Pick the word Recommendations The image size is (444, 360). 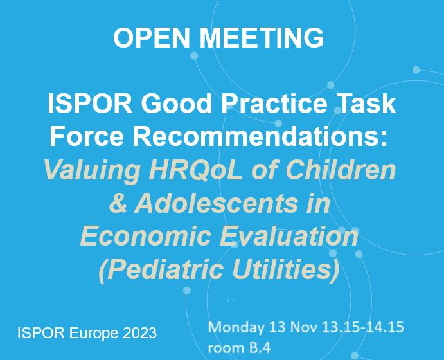[264, 137]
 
